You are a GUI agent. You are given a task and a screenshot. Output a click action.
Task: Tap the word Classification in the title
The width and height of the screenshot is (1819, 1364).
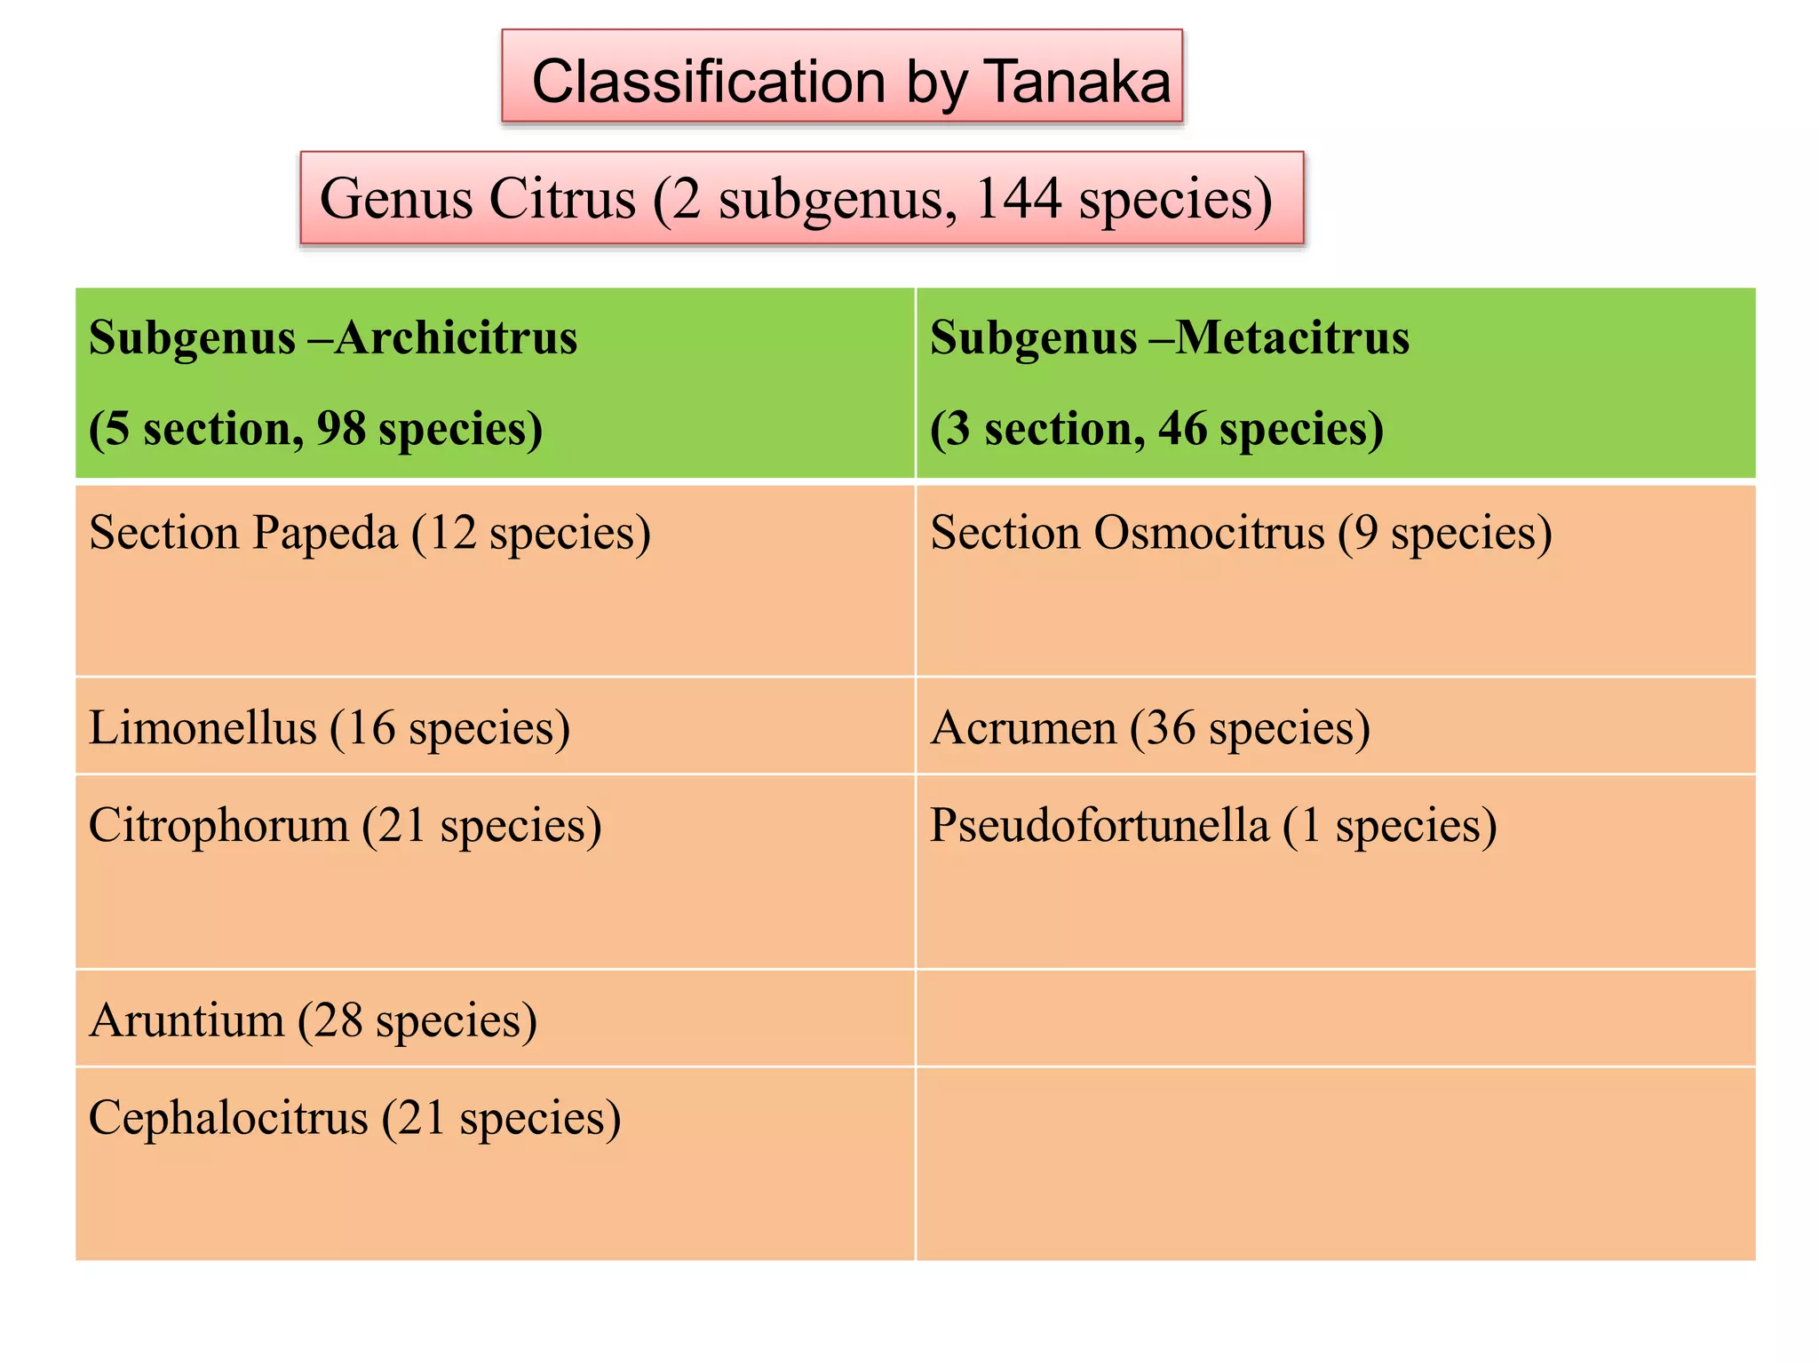[709, 82]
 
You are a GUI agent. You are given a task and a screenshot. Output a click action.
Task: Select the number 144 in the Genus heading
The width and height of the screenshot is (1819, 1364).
[1018, 199]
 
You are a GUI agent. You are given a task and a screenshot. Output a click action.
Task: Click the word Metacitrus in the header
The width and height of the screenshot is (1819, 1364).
[1291, 338]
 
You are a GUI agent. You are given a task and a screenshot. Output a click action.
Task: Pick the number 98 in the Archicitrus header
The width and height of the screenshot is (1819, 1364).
[341, 429]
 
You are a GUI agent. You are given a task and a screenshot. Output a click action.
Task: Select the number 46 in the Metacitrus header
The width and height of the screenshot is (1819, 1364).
[1182, 429]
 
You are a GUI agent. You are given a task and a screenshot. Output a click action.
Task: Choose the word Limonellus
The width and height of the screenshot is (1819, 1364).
[203, 728]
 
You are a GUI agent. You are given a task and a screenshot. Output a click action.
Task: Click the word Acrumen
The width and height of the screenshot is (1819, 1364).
[1023, 728]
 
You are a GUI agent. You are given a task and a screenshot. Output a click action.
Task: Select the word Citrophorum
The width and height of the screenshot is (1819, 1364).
[218, 826]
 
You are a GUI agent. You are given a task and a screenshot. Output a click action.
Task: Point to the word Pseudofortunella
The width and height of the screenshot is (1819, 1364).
[1099, 826]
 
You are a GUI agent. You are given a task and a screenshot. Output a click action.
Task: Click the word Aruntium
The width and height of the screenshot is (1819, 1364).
[187, 1020]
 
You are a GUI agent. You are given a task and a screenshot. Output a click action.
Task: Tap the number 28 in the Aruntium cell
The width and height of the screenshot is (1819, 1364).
[338, 1020]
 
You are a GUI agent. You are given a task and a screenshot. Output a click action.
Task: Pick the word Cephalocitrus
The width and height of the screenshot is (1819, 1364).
[228, 1118]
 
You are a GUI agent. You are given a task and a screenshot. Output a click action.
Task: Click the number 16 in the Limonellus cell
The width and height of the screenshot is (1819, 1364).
[370, 728]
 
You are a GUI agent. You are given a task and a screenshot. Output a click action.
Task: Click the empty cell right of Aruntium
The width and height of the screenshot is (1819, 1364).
[1335, 1019]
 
